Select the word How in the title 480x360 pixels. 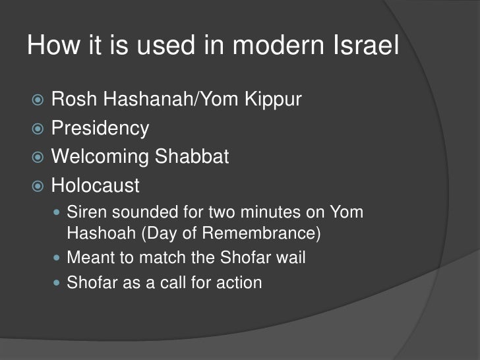tap(52, 46)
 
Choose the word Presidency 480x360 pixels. tap(100, 129)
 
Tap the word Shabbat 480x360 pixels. tap(197, 157)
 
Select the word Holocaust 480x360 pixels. tap(95, 185)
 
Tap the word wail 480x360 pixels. tap(291, 258)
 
